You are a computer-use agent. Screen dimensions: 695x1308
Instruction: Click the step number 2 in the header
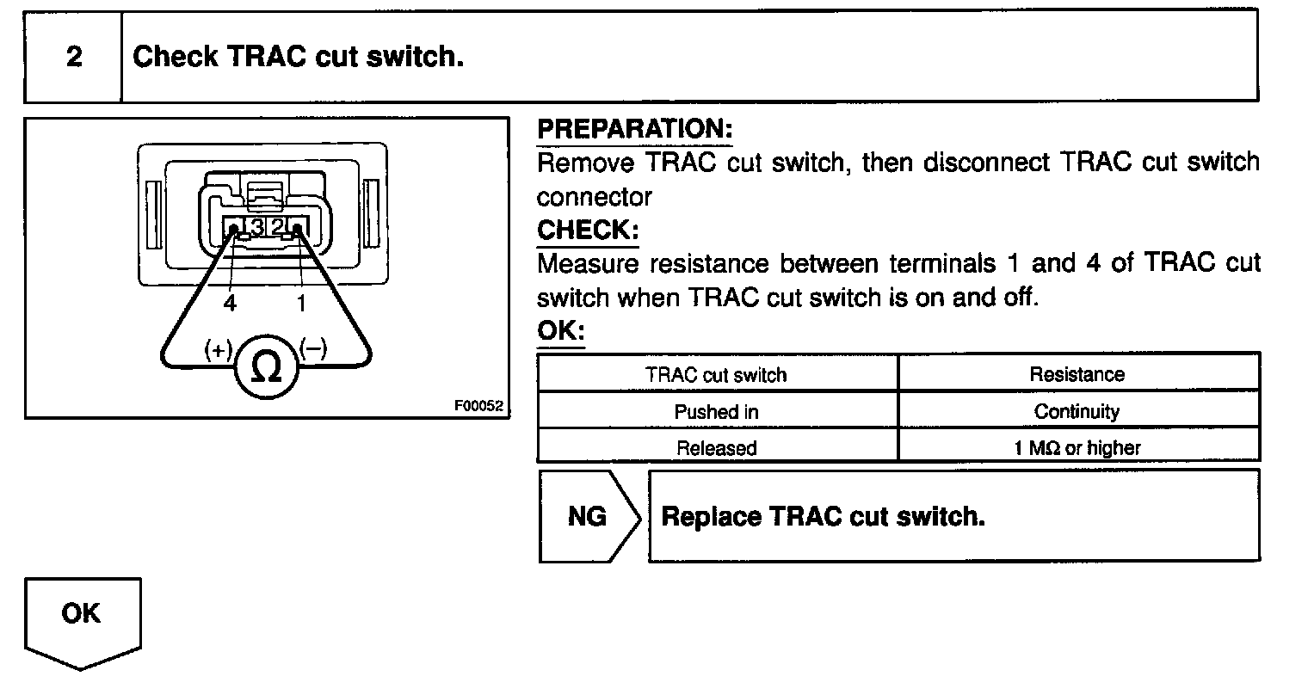74,58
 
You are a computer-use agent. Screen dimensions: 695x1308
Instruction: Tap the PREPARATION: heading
634,130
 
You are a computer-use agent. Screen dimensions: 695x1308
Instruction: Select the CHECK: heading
588,231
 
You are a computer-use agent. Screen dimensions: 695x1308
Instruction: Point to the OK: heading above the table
560,331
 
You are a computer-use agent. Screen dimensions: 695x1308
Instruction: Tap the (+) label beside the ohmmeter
219,349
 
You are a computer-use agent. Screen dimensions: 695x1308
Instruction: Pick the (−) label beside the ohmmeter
313,348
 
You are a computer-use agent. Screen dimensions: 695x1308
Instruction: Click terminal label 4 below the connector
229,303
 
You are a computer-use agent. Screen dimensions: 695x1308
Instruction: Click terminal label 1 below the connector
301,303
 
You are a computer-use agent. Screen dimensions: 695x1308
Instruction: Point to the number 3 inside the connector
256,227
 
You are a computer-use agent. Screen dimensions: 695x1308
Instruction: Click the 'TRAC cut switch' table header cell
716,375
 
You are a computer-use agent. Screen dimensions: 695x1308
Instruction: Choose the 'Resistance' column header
1077,375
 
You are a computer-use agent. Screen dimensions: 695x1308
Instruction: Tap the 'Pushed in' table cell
716,412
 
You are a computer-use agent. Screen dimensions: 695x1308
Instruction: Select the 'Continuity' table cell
1077,412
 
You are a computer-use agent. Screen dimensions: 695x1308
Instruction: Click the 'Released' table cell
716,448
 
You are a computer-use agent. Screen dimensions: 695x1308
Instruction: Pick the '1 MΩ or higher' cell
1077,448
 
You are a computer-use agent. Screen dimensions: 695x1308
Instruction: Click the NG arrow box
589,517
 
